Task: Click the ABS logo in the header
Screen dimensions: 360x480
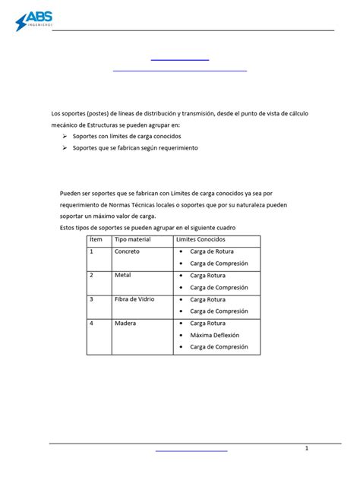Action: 38,21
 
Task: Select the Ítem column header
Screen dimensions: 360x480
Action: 96,240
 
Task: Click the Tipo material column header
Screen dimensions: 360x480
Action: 133,240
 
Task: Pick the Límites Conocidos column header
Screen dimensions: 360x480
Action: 201,240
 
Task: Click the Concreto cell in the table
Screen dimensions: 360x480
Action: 128,251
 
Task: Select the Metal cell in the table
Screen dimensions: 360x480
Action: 123,275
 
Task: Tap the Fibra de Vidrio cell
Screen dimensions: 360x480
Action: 134,299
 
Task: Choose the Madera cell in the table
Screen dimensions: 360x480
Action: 125,323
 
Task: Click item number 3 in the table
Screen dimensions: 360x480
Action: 91,299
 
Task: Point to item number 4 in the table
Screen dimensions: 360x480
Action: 91,323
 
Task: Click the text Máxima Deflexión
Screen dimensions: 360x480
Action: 214,335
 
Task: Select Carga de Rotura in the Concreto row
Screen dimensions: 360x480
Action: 213,251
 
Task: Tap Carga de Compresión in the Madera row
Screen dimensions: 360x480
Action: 219,347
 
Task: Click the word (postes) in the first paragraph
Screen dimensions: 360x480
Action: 104,113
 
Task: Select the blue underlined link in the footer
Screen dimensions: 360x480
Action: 191,450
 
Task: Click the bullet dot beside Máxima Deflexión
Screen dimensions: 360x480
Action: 182,335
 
